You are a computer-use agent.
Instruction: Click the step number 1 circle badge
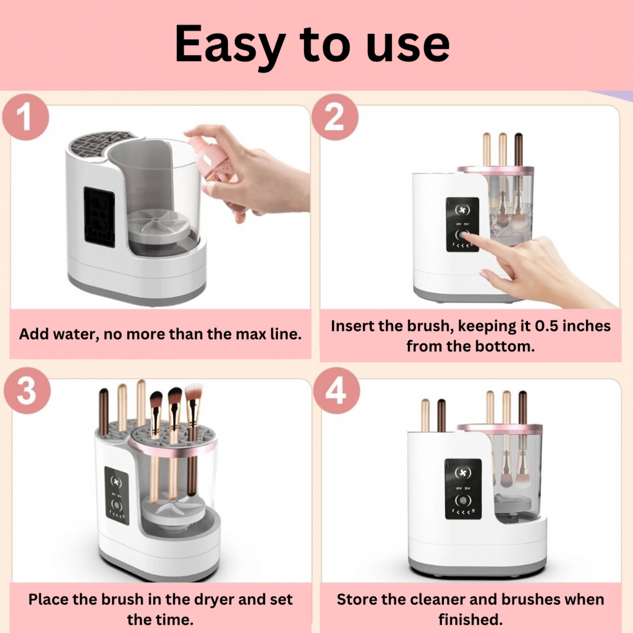(25, 117)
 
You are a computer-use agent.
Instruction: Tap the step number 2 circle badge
(334, 117)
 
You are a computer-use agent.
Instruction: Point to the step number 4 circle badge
(336, 391)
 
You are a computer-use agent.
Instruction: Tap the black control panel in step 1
(99, 217)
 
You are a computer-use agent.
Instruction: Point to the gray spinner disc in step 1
(158, 223)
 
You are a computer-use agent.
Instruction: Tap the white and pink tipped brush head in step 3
(193, 394)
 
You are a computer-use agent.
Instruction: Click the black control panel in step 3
(116, 495)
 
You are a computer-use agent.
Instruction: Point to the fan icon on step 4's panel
(462, 473)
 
